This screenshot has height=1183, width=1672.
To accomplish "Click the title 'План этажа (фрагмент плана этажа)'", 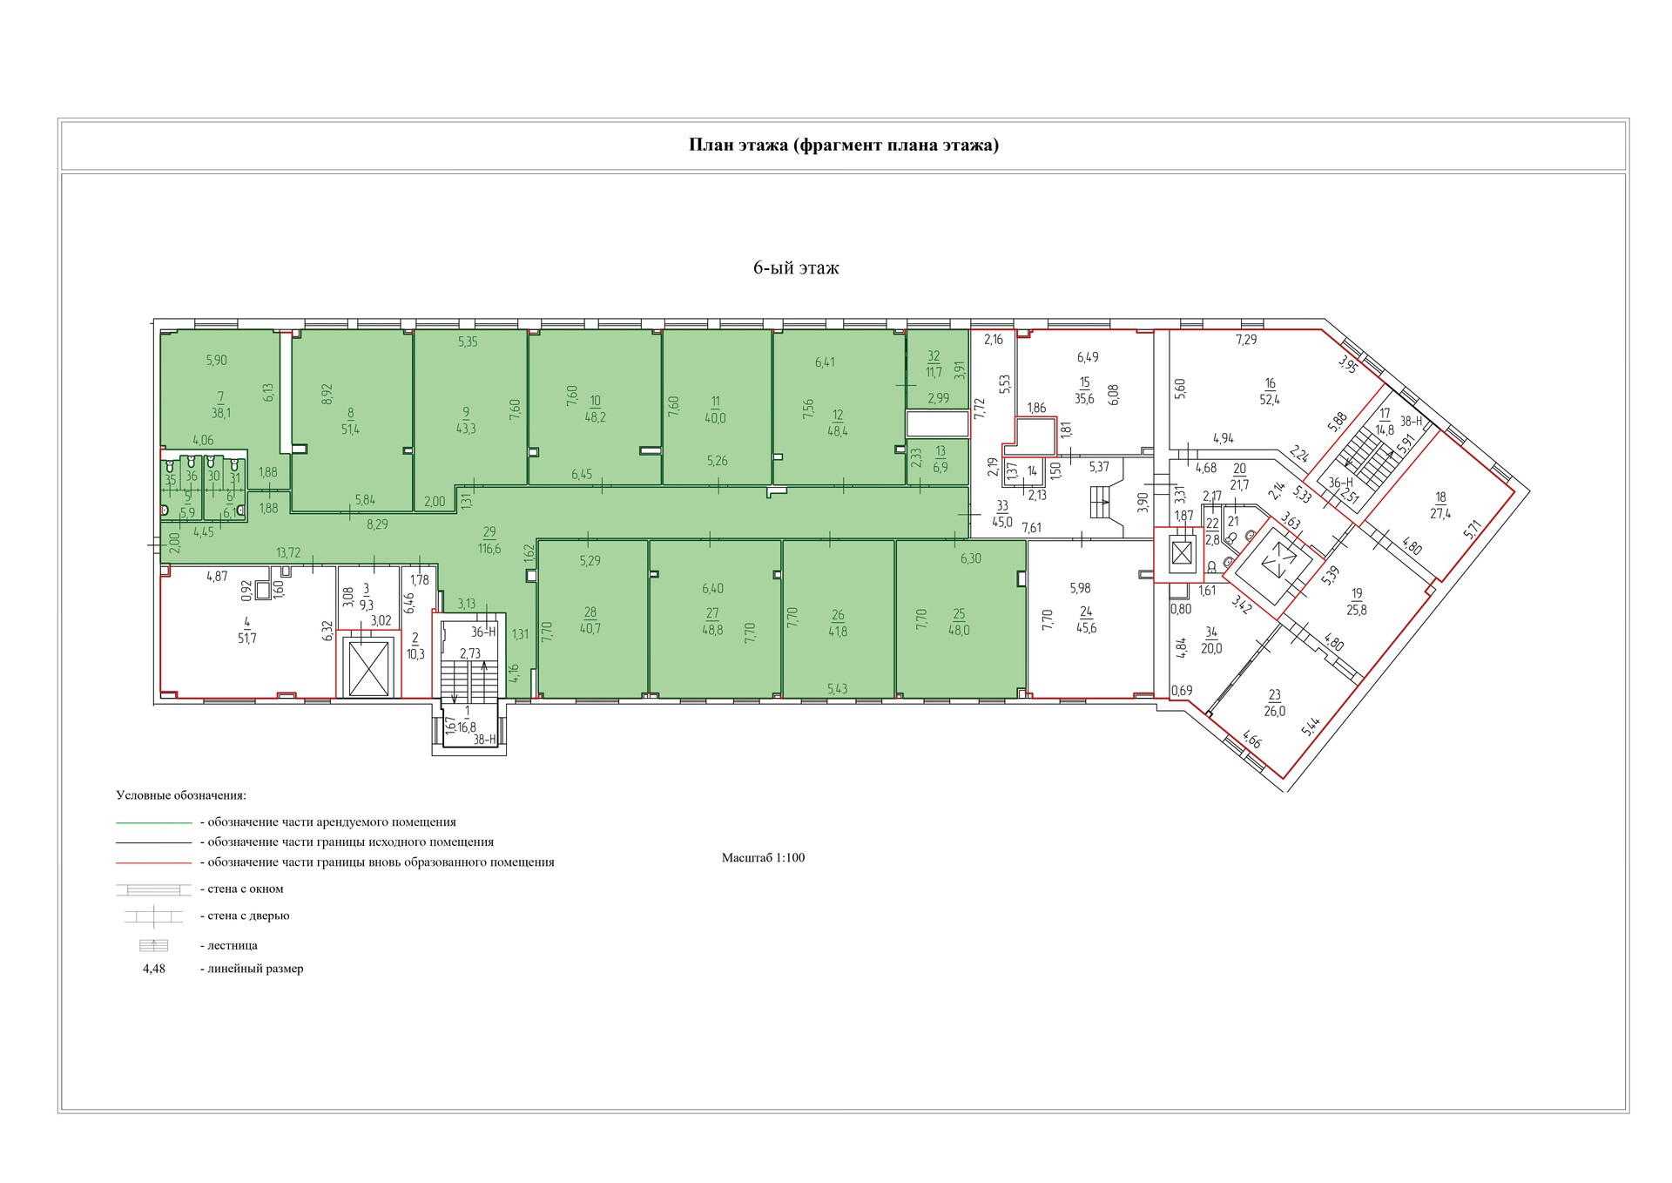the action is [843, 145].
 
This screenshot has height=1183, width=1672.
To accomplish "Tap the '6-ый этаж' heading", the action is [796, 268].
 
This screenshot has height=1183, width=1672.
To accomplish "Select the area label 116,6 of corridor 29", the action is [489, 549].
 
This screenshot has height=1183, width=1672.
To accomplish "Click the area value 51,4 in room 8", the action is [350, 429].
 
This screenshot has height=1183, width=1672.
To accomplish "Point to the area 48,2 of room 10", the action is [596, 417].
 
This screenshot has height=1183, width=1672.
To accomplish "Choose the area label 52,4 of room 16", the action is [1270, 400].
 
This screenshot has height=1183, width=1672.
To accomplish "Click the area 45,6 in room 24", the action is [1086, 628].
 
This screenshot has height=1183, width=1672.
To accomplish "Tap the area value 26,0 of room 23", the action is [1274, 712].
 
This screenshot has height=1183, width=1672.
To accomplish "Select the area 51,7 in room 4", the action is [247, 639].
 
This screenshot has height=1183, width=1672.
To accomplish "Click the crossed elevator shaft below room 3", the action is [368, 667].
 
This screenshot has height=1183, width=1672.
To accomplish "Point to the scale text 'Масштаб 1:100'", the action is [763, 858].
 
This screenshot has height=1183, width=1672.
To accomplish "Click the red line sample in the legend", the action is [153, 863].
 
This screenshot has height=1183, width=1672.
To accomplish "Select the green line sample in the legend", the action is [153, 823].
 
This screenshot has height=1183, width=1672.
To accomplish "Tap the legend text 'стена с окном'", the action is [246, 889].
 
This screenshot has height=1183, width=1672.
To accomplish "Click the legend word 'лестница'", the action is [233, 946].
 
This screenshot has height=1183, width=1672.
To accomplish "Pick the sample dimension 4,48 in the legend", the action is [154, 969].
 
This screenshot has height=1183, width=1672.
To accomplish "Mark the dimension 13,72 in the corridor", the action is [288, 553].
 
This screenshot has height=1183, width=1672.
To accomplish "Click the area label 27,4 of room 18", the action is [1440, 515].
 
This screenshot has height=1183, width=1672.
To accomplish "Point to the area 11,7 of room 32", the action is [934, 373].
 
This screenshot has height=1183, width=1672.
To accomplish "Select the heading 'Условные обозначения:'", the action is [181, 796].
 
